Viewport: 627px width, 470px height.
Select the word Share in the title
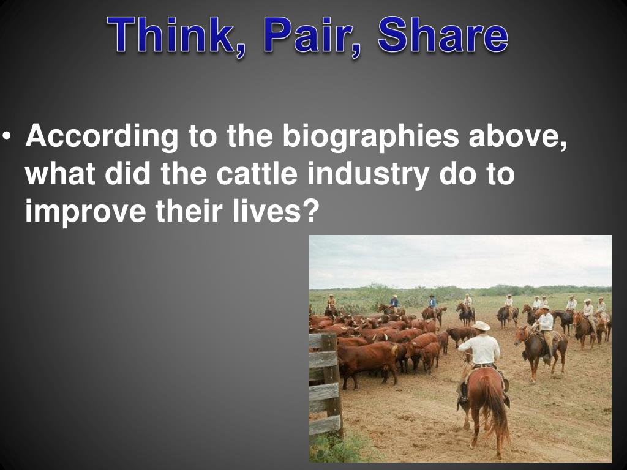click(443, 35)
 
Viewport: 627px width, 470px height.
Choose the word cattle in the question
click(258, 174)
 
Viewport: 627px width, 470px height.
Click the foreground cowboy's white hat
click(481, 327)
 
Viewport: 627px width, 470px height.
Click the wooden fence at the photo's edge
click(325, 379)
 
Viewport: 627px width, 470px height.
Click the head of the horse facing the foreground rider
click(522, 335)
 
